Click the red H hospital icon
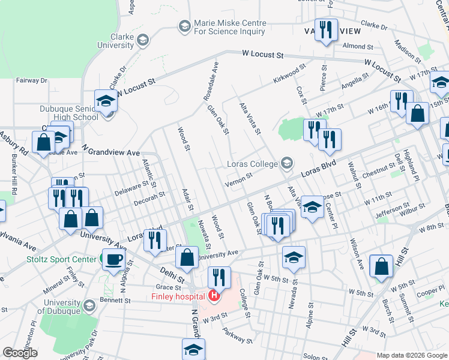point(213,295)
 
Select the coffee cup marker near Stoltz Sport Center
point(113,260)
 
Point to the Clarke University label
point(111,40)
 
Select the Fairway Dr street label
point(31,80)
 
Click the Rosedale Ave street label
point(212,76)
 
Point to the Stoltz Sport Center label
point(62,259)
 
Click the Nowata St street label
point(204,234)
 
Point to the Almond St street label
point(358,46)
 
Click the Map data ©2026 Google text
point(412,355)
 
